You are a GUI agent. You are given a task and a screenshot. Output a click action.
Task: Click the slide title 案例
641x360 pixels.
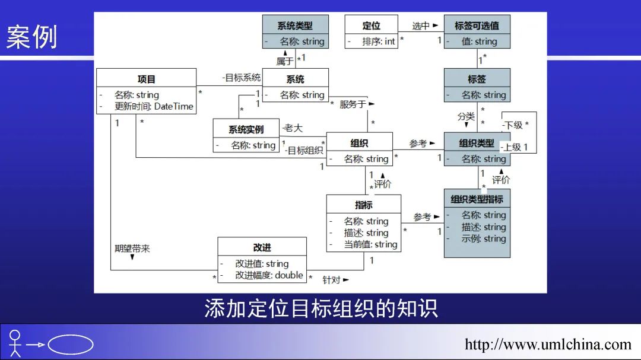tap(32, 37)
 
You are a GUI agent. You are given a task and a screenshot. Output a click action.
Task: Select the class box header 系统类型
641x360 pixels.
tap(295, 26)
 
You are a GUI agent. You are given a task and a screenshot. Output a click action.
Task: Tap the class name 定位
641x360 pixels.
tap(371, 26)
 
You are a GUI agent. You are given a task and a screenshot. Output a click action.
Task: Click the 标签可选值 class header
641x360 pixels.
tap(477, 26)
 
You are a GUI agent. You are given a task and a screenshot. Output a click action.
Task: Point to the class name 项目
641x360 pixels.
tap(146, 79)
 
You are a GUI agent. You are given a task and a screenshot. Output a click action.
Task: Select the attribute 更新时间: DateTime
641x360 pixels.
tap(154, 107)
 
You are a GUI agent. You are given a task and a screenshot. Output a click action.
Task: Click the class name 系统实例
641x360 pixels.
tap(246, 130)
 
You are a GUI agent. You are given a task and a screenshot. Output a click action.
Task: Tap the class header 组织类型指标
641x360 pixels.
tap(477, 199)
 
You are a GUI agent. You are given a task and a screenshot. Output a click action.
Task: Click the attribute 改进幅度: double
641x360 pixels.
tap(269, 275)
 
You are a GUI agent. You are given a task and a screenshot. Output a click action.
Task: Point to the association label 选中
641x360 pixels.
tap(421, 26)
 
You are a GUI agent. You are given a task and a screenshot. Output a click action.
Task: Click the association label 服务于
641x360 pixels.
tap(353, 104)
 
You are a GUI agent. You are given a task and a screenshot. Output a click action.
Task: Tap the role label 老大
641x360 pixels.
tap(293, 128)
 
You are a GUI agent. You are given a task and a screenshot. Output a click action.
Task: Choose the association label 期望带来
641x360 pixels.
tap(132, 249)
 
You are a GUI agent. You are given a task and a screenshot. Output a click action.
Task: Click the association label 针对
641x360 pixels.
tap(331, 279)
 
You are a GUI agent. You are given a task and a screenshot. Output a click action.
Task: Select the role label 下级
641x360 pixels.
tap(513, 125)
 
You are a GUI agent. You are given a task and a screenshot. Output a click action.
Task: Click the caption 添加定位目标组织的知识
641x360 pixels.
tap(320, 308)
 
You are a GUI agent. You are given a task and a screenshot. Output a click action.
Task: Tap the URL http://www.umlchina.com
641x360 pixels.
tap(548, 345)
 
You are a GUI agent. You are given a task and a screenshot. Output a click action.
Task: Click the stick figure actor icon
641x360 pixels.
tap(15, 343)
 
